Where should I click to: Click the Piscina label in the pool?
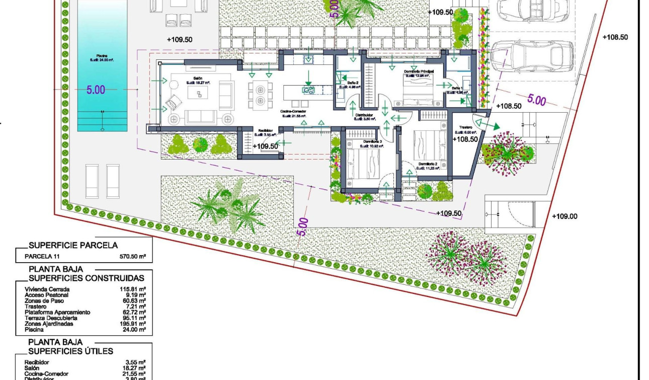click(x=103, y=56)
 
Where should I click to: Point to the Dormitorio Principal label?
click(x=419, y=71)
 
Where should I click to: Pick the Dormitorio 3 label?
click(x=372, y=142)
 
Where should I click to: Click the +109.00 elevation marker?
click(x=564, y=216)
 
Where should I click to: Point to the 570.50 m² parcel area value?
click(x=133, y=257)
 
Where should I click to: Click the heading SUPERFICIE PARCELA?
click(x=73, y=246)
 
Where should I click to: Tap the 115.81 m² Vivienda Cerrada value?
click(x=135, y=289)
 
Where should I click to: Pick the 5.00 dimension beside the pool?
click(x=96, y=90)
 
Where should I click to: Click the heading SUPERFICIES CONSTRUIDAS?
click(x=86, y=278)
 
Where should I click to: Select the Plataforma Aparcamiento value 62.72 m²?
click(x=135, y=313)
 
